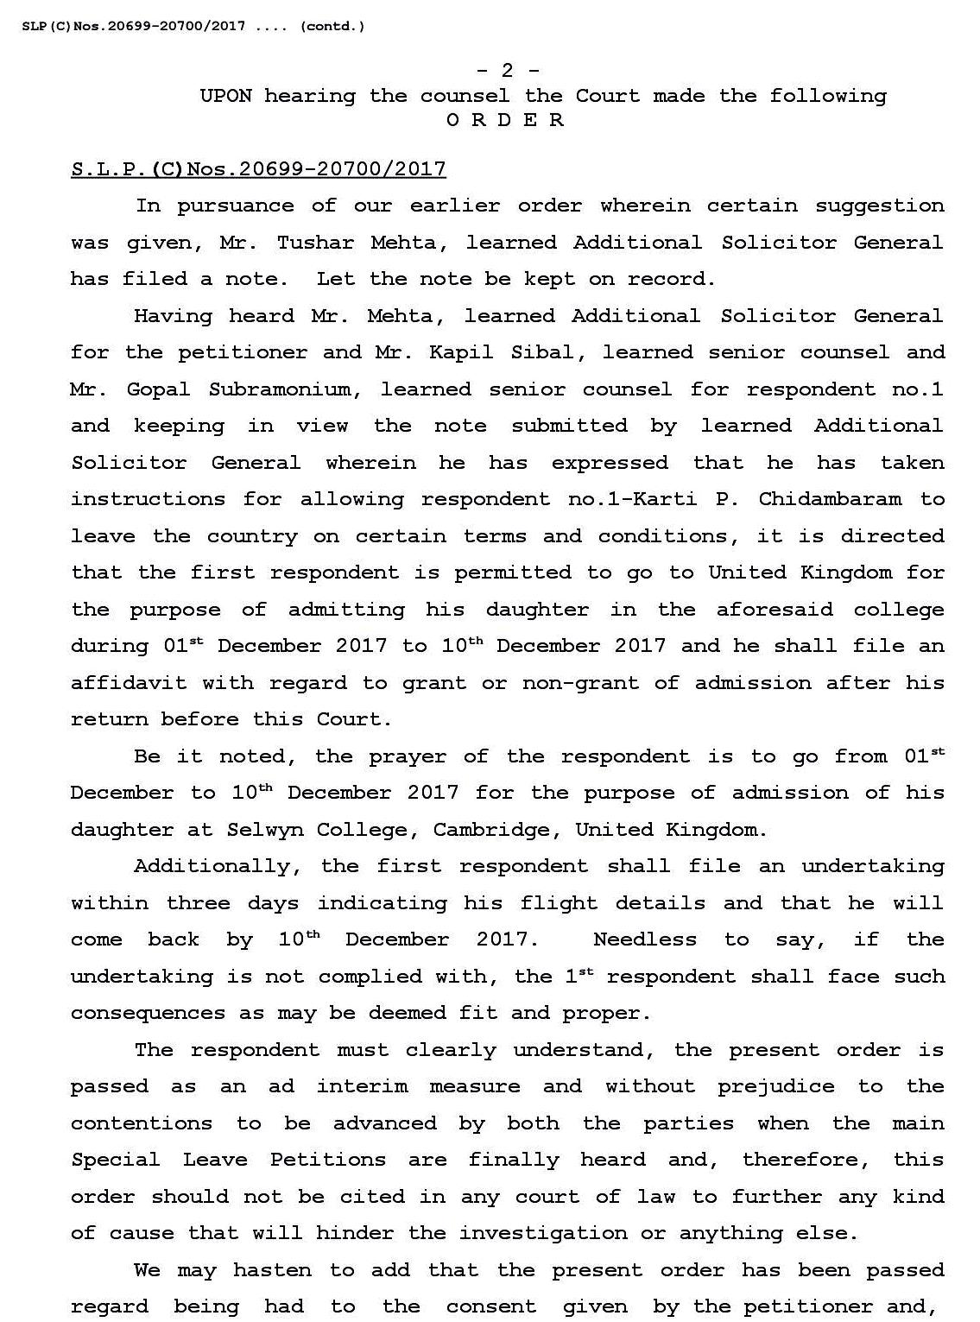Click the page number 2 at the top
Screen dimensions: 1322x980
coord(508,71)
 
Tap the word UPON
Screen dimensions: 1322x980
coord(225,96)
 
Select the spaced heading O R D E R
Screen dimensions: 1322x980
coord(506,120)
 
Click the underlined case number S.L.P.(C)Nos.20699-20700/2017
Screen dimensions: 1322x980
coord(258,169)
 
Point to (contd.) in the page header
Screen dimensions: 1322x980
coord(332,26)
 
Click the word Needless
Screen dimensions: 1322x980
coord(645,939)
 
